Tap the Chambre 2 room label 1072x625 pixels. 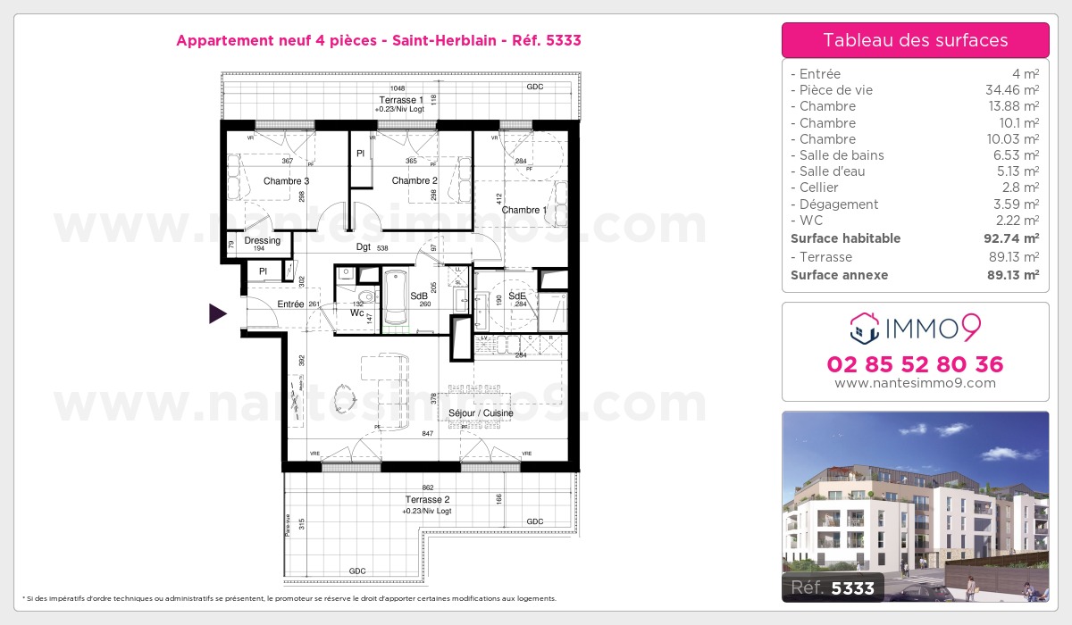pos(414,181)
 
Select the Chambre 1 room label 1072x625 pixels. pos(524,211)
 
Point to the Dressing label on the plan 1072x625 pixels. pos(262,241)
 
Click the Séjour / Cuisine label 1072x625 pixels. pos(480,413)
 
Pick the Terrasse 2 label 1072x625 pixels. pos(426,500)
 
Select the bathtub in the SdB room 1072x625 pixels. pos(394,300)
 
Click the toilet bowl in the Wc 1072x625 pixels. pos(366,298)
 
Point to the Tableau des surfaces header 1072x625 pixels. pos(915,40)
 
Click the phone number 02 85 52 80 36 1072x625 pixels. pos(915,364)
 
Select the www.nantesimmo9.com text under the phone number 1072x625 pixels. pos(915,383)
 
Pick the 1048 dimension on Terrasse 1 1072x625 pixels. pos(398,88)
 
